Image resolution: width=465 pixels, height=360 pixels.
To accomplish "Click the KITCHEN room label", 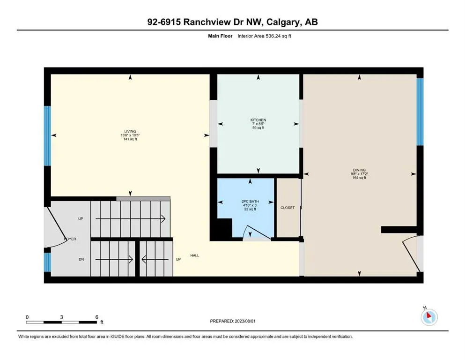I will point(258,120).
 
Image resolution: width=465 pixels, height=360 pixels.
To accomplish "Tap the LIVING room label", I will point(130,131).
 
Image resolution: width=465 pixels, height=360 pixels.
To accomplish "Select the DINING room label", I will point(359,170).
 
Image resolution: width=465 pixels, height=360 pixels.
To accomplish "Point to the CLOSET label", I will point(288,208).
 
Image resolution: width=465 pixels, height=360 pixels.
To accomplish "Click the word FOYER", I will point(70,239).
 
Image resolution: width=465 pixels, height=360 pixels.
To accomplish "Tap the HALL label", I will point(195,255).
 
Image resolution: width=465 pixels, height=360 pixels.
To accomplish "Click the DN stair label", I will point(81,259).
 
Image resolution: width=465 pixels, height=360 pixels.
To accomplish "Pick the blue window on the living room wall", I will point(47,136).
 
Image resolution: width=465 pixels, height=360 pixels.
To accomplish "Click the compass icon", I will point(429,317).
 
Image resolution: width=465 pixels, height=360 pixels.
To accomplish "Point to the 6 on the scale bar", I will point(96,317).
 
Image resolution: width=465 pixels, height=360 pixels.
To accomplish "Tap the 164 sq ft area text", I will point(359,178).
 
